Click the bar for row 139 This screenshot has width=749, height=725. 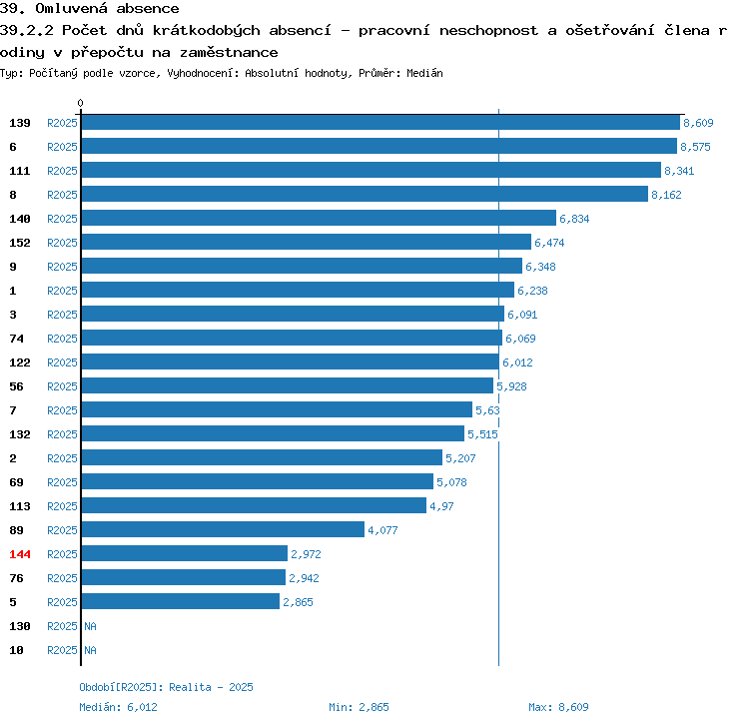coord(380,122)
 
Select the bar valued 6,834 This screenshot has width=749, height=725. coord(320,218)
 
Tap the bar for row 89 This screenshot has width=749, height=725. coord(223,529)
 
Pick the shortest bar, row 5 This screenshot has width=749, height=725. coord(181,601)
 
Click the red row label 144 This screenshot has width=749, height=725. coord(20,554)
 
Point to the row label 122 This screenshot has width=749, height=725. coord(20,362)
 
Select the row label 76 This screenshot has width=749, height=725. coord(16,578)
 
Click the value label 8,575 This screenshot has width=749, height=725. coord(695,147)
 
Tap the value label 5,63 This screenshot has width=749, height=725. coord(487,410)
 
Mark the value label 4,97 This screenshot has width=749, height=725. coord(441,506)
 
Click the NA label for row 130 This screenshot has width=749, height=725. coord(90,626)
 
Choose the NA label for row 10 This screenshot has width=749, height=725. coord(90,650)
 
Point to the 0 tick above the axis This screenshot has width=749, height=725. coord(80,103)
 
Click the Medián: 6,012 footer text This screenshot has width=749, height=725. coord(118,707)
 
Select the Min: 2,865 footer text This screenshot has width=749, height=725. coord(359,707)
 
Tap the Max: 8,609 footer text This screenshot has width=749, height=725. coord(558,707)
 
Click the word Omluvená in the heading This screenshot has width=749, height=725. coord(71,8)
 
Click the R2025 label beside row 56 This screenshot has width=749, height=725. coord(62,386)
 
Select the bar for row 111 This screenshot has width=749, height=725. coord(372,170)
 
